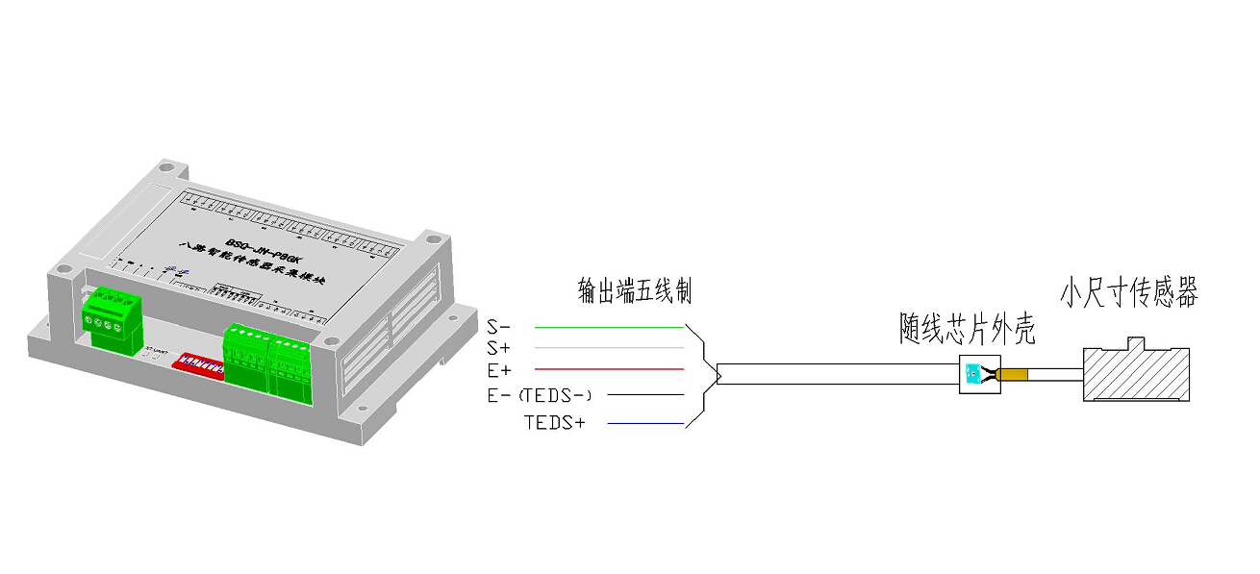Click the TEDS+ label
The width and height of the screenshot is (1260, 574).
(x=554, y=422)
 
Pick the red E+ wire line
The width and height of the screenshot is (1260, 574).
(x=609, y=369)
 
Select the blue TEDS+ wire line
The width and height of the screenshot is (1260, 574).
(x=645, y=424)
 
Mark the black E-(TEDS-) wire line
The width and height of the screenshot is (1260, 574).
(x=645, y=395)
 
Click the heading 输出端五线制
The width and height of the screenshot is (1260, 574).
(x=635, y=288)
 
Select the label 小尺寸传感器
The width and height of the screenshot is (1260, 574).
(x=1129, y=292)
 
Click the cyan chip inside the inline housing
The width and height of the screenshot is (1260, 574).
(x=972, y=373)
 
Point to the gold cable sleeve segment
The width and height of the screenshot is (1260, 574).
(x=1014, y=375)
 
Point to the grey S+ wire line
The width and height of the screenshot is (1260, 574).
(x=609, y=348)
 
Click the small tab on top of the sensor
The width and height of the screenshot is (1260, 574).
(x=1136, y=342)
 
